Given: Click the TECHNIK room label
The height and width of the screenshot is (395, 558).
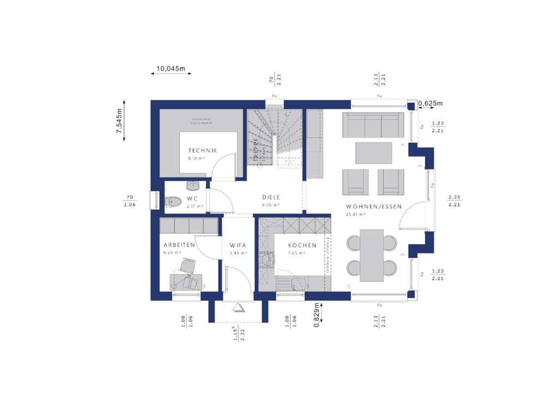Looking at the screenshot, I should coord(203,150).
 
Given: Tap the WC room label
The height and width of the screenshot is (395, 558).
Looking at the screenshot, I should coord(192,198).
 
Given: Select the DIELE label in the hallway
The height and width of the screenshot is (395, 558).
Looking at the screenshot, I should coord(271,197).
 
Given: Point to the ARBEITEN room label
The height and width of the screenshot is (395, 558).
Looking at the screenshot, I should coord(179,245).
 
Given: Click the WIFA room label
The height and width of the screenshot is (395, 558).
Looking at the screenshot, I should coord(238,245).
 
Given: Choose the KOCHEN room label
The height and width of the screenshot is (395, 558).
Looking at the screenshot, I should coord(302,245).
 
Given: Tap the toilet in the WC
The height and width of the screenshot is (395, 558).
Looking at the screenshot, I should coord(172,202).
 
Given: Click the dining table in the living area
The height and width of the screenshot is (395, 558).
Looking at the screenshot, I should coord(372,255).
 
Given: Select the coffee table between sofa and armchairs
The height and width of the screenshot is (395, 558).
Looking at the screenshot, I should coord(373,153).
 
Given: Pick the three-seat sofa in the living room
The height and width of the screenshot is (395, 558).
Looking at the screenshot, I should coord(373,125).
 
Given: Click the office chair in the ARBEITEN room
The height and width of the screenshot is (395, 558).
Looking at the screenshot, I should coord(187,265).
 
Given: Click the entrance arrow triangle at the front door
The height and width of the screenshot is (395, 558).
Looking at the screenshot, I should coord(239,308).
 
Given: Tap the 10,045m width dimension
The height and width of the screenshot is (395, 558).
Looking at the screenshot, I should coord(171,69).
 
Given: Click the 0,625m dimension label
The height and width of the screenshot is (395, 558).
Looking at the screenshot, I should coord(431,103).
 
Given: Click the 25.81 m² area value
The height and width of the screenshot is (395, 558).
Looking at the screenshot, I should coord(355,215).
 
